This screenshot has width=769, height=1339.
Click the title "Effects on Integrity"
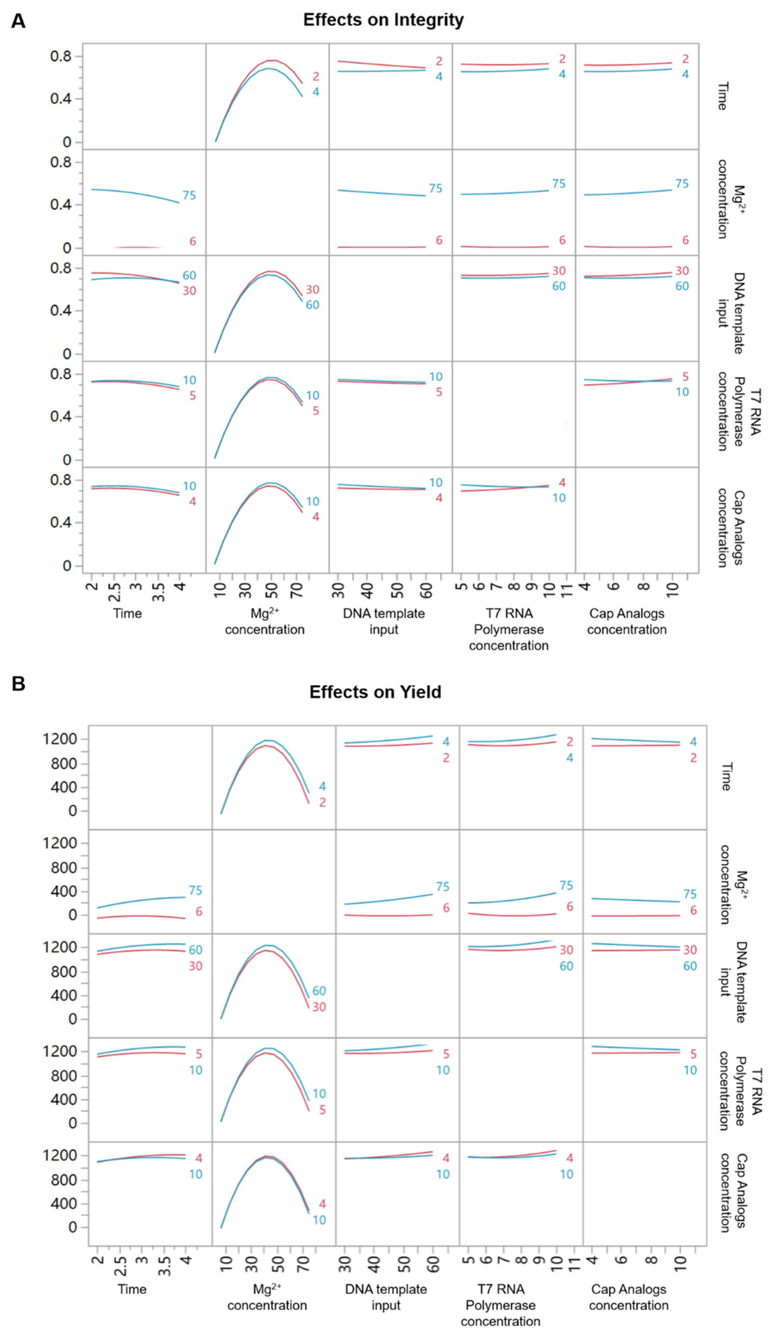[x=383, y=20]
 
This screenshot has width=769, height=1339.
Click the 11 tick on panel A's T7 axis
[x=566, y=588]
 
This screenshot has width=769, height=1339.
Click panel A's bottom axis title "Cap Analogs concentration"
[x=627, y=621]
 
